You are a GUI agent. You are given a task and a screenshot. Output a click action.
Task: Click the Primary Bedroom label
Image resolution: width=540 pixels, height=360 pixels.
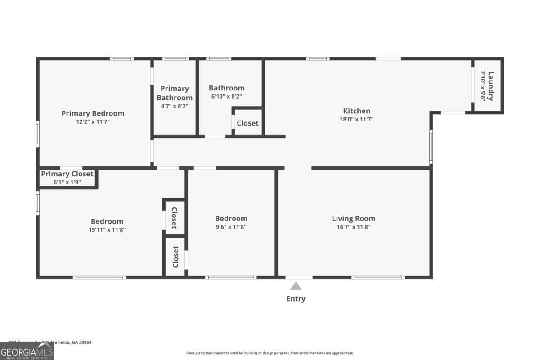93,113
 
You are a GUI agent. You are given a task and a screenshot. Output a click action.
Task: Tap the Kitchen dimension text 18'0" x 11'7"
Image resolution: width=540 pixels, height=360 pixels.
357,120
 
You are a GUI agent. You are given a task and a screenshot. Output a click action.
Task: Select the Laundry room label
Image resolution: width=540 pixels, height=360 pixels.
491,86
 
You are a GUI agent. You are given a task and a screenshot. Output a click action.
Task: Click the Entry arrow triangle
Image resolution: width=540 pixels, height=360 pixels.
296,286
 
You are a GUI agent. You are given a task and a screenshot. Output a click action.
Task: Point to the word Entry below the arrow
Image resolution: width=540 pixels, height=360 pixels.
296,299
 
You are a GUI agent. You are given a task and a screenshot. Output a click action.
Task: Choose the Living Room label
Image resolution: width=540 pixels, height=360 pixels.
353,219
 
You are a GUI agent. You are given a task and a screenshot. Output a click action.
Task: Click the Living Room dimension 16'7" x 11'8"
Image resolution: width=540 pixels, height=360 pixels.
353,227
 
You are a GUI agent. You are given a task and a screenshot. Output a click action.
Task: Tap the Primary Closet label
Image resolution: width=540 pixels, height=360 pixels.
67,174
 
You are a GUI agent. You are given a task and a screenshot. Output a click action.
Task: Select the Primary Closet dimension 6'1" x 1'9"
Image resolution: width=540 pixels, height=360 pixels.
67,182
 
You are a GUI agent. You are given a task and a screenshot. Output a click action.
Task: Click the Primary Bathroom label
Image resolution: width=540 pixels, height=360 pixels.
175,93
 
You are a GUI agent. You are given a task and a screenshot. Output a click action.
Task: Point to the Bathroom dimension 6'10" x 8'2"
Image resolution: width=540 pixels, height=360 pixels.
227,96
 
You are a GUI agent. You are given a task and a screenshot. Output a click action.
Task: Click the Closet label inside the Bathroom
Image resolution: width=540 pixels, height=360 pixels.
247,123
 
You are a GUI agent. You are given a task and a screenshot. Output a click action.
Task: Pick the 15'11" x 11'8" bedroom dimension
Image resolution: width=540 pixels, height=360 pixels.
107,230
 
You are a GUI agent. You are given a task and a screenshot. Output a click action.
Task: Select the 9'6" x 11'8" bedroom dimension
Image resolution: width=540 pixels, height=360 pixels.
231,227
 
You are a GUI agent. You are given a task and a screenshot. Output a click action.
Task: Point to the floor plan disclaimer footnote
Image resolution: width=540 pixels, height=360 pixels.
270,353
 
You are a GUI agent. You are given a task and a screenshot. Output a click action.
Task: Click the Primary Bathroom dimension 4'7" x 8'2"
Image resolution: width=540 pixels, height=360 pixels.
175,107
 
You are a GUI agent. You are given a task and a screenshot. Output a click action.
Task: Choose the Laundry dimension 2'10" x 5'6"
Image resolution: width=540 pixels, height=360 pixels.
483,86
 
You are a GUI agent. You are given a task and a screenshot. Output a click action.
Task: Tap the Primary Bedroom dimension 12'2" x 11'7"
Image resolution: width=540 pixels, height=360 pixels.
93,122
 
